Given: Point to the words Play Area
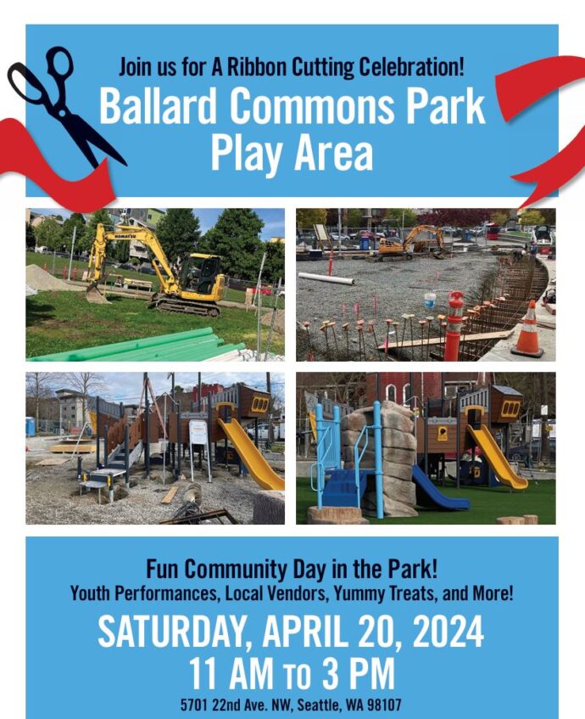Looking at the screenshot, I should (x=292, y=154).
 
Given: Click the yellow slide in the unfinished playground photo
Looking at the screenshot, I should (x=252, y=458).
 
